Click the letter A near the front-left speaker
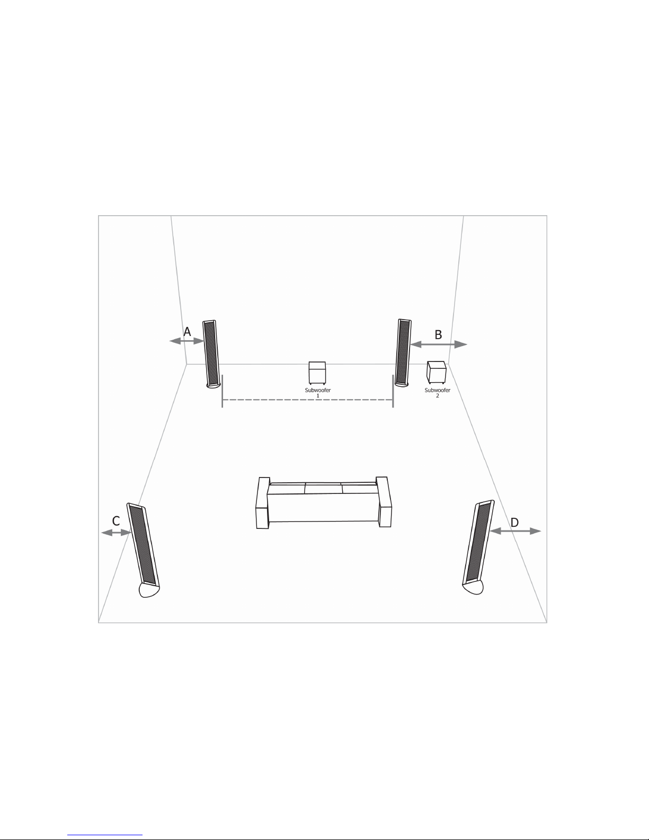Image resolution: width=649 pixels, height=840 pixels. pyautogui.click(x=187, y=332)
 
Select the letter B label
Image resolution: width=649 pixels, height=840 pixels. pyautogui.click(x=438, y=335)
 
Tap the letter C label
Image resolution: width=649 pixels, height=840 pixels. pyautogui.click(x=116, y=521)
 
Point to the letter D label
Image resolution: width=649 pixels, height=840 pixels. pyautogui.click(x=514, y=523)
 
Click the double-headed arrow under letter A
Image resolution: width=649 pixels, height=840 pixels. pyautogui.click(x=186, y=341)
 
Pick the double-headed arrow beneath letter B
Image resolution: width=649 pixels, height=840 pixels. pyautogui.click(x=439, y=344)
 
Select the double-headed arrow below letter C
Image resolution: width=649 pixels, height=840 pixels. pyautogui.click(x=116, y=533)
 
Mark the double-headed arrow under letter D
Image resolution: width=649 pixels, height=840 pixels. pyautogui.click(x=515, y=531)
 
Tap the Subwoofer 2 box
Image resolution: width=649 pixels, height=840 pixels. pyautogui.click(x=437, y=372)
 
